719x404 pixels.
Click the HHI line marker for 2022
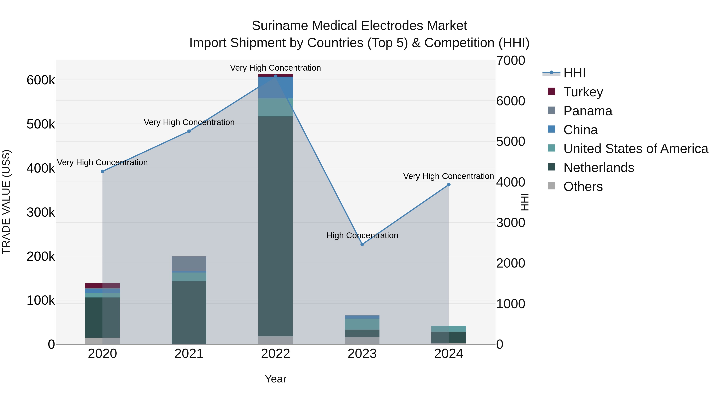(x=275, y=76)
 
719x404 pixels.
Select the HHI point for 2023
(x=362, y=244)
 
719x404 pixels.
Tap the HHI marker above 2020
(x=102, y=171)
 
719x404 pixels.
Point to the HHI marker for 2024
(x=449, y=185)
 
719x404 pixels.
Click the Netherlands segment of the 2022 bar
(x=275, y=226)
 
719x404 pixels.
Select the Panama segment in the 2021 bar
(x=189, y=264)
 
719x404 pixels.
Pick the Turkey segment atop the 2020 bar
(x=102, y=285)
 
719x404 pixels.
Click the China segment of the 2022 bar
(x=275, y=87)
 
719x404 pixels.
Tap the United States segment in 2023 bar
(x=362, y=324)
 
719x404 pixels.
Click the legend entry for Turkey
(x=583, y=92)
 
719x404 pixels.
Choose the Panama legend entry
(x=588, y=111)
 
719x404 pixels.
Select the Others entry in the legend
(x=583, y=187)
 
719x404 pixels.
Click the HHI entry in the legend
(x=574, y=73)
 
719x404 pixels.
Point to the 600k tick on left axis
(x=41, y=80)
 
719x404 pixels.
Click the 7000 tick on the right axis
(x=510, y=61)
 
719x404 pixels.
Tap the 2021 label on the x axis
(x=189, y=354)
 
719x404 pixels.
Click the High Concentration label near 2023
(x=362, y=235)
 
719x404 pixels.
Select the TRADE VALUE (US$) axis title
(x=6, y=202)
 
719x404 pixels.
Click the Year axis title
(x=275, y=379)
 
